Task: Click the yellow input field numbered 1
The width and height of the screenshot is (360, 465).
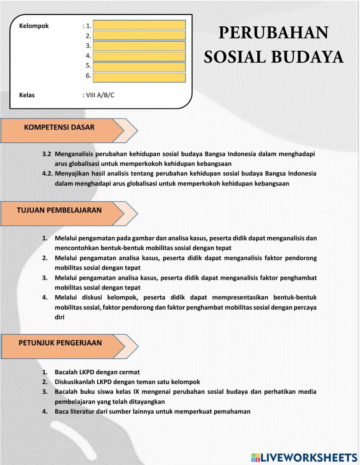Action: [x=139, y=25]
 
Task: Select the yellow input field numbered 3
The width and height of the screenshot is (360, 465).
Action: [x=139, y=46]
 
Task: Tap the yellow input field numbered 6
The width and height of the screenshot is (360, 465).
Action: [x=139, y=77]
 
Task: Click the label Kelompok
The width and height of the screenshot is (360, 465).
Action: [x=34, y=26]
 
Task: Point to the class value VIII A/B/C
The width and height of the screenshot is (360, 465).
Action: [x=100, y=95]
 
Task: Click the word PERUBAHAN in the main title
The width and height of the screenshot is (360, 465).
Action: [x=273, y=33]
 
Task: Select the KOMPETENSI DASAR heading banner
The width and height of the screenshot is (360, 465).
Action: [x=59, y=128]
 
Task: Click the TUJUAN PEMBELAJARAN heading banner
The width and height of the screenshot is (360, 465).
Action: [x=59, y=210]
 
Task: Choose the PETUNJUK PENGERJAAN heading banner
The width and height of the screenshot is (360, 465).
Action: [x=60, y=343]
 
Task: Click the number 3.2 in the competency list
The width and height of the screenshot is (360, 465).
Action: [x=47, y=154]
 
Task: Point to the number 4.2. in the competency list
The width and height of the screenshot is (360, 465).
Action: [x=48, y=174]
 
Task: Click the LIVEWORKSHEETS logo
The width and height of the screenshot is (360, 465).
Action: [x=304, y=457]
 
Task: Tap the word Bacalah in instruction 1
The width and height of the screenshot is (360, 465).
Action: [x=66, y=372]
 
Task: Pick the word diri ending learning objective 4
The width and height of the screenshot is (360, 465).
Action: [x=59, y=317]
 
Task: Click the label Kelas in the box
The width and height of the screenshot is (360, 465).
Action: [x=27, y=95]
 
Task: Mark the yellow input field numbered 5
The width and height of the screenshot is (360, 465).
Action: [x=139, y=67]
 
